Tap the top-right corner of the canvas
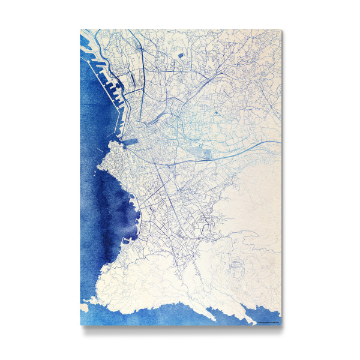tap(281, 29)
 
